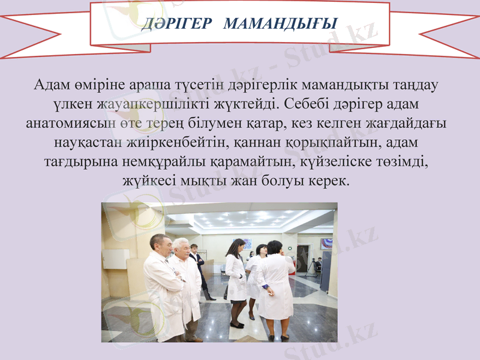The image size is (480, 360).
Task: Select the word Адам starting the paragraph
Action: [50, 85]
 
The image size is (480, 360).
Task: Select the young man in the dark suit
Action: [199, 264]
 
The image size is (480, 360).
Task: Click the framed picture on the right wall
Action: [326, 244]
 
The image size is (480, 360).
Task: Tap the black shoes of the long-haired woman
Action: [236, 325]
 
